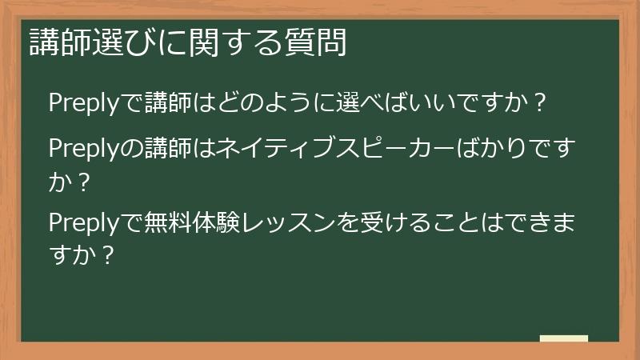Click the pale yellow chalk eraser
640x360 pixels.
tap(563, 338)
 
